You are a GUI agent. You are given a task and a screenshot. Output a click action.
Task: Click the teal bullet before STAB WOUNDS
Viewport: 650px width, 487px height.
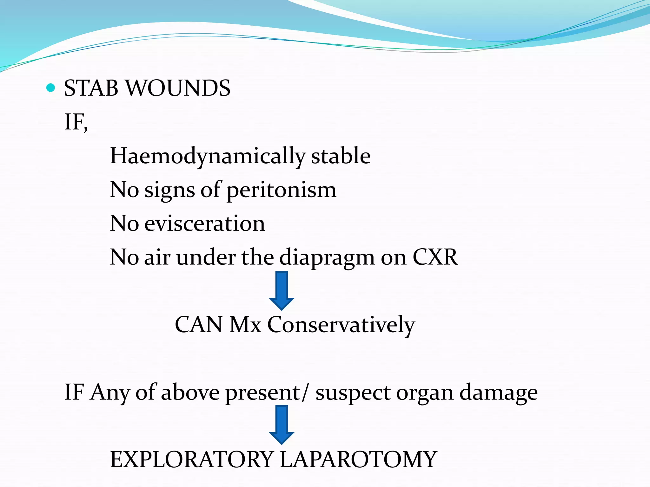[50, 88]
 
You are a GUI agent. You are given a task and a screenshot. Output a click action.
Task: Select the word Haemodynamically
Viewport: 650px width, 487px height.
[208, 156]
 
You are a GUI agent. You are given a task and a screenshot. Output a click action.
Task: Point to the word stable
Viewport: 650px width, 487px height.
[341, 156]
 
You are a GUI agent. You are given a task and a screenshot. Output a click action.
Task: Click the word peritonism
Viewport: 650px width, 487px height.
[281, 190]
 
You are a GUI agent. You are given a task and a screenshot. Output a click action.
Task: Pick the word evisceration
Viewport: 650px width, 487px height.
[205, 224]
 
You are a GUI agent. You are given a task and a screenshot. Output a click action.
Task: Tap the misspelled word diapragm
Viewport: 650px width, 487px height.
[327, 257]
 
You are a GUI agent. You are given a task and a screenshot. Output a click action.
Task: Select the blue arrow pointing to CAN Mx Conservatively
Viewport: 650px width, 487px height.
[282, 290]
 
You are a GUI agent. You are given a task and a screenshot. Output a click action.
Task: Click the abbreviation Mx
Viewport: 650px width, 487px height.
[245, 325]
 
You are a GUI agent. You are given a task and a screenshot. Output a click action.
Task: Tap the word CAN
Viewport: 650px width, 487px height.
[199, 325]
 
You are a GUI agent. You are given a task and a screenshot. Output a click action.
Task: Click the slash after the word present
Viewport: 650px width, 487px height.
[305, 393]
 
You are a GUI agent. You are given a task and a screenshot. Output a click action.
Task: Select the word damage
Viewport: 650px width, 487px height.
[499, 393]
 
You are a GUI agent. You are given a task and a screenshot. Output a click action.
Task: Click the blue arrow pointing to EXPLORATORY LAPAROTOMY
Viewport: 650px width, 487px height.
[282, 424]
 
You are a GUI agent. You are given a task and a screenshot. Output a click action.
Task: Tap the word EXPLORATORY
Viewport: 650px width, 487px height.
[192, 460]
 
